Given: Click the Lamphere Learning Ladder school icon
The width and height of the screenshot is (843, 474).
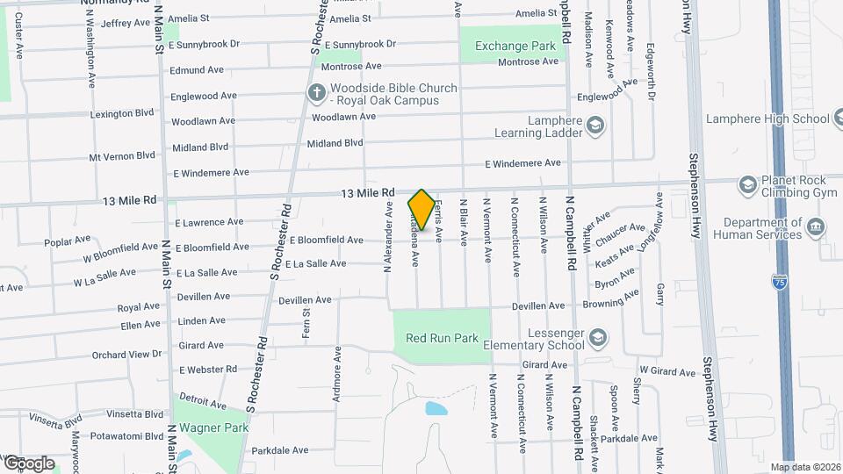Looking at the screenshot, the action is click(596, 126).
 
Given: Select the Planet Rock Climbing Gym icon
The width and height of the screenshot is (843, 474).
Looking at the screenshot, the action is click(746, 184).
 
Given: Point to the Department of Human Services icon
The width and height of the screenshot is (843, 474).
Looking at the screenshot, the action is click(816, 228).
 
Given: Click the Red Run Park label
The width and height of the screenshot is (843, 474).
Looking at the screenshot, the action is click(441, 338).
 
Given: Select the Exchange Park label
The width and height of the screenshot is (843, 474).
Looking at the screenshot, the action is click(515, 46).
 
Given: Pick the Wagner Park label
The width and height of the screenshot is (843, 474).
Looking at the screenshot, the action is click(212, 428).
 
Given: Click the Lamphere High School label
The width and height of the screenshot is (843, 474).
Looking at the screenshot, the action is click(774, 119).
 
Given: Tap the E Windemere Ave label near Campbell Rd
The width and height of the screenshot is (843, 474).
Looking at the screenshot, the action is click(522, 163).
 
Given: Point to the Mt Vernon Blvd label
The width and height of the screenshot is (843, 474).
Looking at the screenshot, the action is click(122, 156).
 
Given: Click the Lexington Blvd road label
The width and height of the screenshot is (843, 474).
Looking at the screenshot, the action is click(120, 113).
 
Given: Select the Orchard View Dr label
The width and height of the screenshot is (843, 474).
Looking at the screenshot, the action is click(127, 355).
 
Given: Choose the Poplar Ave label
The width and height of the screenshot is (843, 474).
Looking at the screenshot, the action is click(68, 240).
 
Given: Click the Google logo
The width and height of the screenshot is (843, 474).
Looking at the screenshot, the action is click(28, 463).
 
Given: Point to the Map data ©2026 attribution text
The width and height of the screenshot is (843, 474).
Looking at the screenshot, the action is click(805, 467).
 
